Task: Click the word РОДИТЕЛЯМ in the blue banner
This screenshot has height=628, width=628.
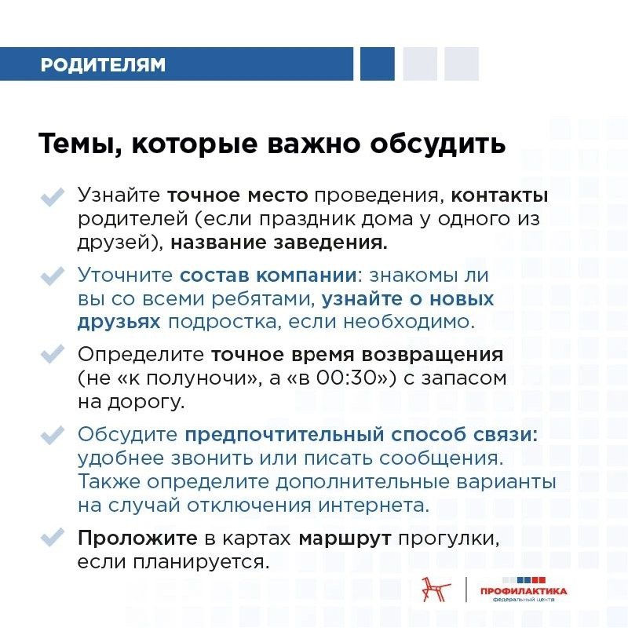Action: pos(103,64)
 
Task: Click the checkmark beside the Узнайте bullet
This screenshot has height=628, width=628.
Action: pos(52,195)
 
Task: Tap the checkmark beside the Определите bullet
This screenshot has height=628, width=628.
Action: pos(52,355)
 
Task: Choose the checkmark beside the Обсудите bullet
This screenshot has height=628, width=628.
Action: pos(52,435)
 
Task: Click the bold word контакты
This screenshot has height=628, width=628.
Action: pos(500,195)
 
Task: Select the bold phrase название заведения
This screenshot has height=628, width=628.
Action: pos(279,243)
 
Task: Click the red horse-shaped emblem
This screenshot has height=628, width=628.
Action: pos(433,589)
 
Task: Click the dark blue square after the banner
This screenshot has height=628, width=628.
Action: pos(378,64)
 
